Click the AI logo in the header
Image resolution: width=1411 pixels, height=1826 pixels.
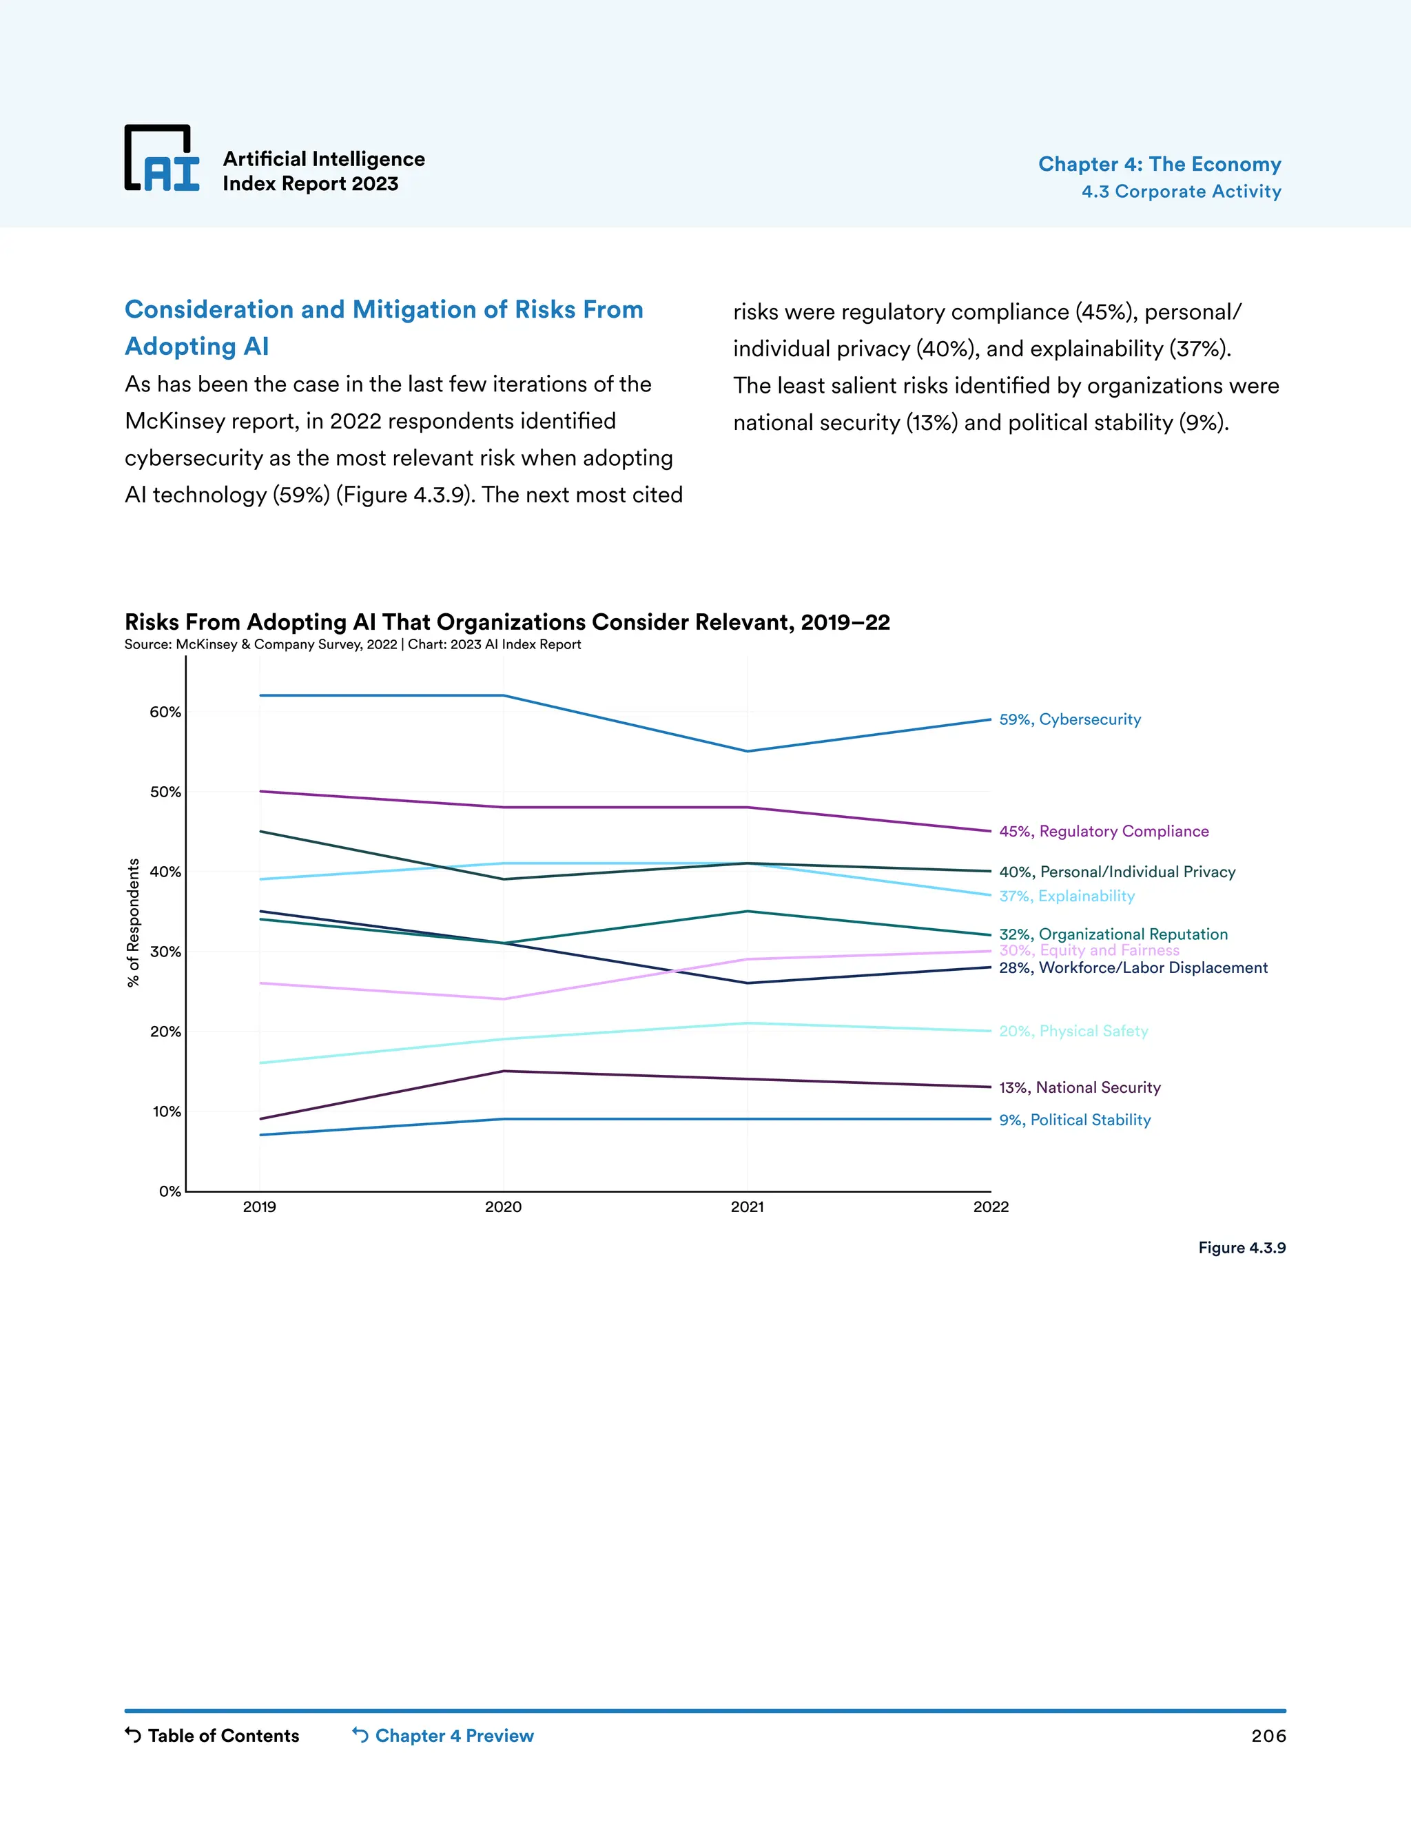(x=162, y=159)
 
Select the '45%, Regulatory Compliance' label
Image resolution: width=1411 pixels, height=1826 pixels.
(x=1104, y=831)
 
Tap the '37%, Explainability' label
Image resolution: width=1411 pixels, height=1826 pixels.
(x=1067, y=896)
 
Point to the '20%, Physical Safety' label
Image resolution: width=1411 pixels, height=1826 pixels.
(x=1073, y=1031)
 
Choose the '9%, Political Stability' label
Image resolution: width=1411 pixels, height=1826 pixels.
(x=1074, y=1120)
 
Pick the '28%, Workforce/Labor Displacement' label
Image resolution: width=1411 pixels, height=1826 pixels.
(x=1133, y=967)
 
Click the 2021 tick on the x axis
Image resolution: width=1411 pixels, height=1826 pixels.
(x=746, y=1207)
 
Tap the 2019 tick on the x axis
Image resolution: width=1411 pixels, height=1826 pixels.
(x=259, y=1207)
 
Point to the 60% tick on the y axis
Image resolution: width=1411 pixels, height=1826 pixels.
(x=165, y=712)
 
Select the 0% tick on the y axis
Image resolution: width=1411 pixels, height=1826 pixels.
(x=169, y=1191)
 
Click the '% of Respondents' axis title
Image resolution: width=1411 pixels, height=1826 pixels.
(x=133, y=923)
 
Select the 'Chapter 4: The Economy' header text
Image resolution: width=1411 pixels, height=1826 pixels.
(x=1159, y=164)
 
